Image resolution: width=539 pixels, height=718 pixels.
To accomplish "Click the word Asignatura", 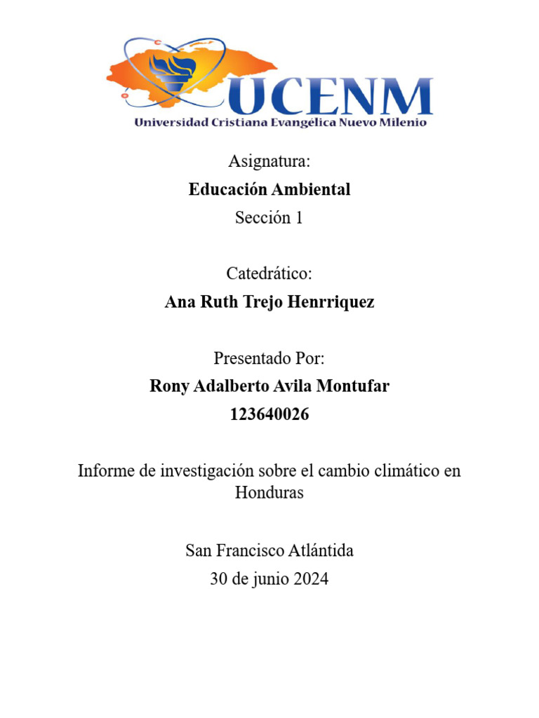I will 269,161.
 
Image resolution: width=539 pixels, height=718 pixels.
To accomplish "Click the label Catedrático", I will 269,273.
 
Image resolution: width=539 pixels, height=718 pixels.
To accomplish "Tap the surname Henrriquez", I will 333,302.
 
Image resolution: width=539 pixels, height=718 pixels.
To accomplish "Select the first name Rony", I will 169,386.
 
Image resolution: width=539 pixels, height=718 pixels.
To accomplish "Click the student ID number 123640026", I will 269,414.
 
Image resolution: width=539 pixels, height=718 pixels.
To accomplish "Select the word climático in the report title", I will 397,470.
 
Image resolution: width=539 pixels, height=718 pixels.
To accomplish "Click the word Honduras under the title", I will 269,492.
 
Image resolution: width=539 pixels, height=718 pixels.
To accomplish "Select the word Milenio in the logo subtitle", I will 403,123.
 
